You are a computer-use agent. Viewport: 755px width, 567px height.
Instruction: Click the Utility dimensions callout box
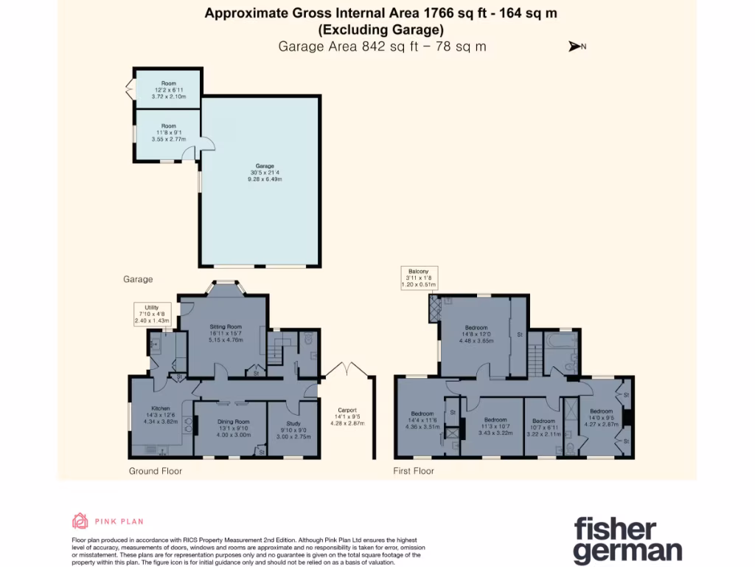[151, 314]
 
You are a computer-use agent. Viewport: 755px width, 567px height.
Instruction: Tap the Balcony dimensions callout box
[418, 278]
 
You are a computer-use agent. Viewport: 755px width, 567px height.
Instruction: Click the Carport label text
[348, 417]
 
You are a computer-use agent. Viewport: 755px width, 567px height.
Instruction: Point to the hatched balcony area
[433, 309]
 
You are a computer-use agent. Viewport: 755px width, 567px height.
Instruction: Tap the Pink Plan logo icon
[80, 520]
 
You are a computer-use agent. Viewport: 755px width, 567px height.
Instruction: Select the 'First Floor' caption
[414, 470]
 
